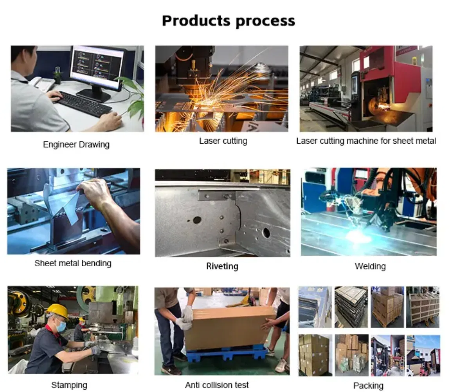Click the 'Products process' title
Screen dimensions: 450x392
coord(228,21)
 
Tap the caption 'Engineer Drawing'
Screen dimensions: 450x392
coord(76,145)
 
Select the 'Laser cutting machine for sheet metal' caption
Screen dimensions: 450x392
coord(366,141)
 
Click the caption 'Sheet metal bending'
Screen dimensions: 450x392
coord(73,263)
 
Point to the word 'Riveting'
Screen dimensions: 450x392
coord(222,266)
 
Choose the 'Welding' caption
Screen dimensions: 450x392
coord(370,266)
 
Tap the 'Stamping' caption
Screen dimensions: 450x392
coord(69,385)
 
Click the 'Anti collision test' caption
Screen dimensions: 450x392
coord(217,385)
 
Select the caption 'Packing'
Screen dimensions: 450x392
coord(368,386)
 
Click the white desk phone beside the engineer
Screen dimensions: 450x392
coord(43,83)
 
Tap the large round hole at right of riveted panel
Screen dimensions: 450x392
coord(266,232)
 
